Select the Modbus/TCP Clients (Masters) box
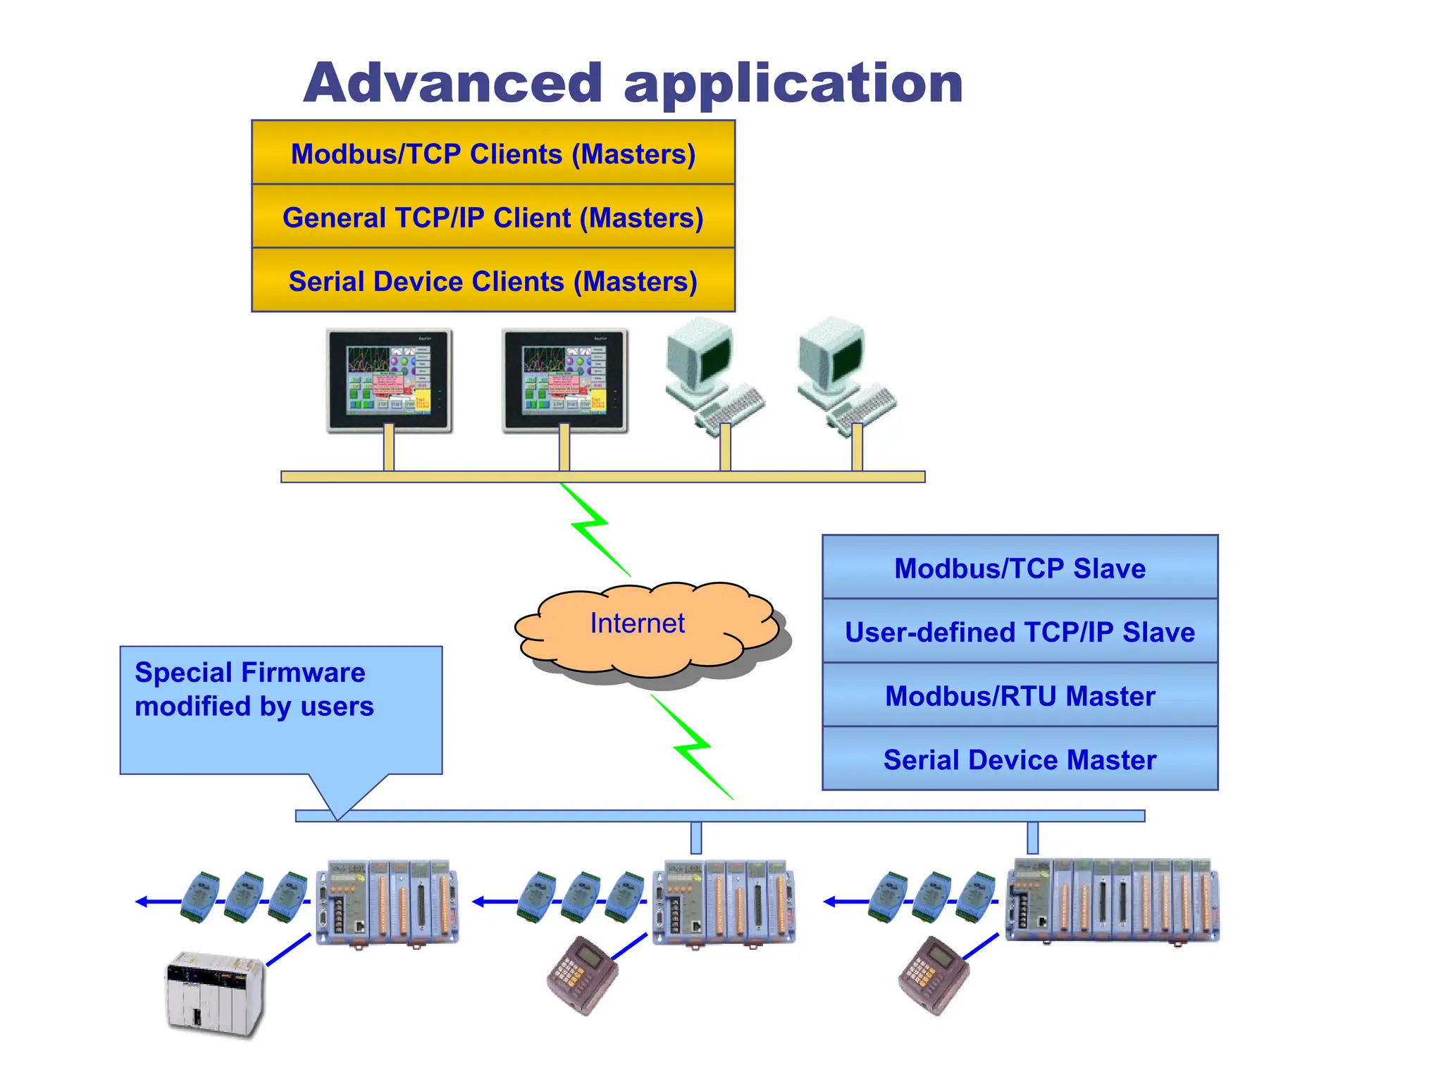coord(493,154)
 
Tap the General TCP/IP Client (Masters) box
coord(493,217)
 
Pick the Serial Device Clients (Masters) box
coord(493,281)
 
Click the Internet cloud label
coord(637,623)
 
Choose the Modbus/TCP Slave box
coord(1020,568)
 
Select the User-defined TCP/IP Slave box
coord(1020,632)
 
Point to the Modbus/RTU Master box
coord(1020,695)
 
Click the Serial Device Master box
coord(1020,759)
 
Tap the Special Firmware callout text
coord(254,689)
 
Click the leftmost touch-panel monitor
coord(389,380)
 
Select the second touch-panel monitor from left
coord(564,380)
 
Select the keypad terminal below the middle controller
coord(581,976)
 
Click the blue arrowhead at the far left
coord(142,902)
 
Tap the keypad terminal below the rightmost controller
coord(933,976)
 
